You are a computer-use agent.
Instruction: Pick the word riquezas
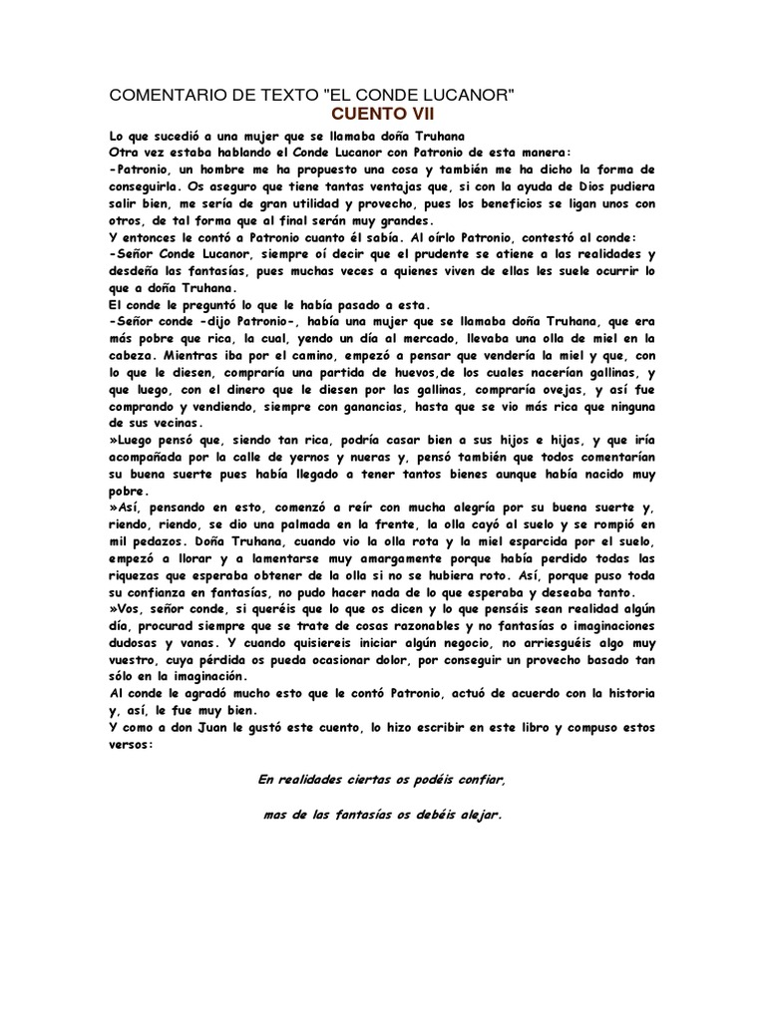tap(139, 578)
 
